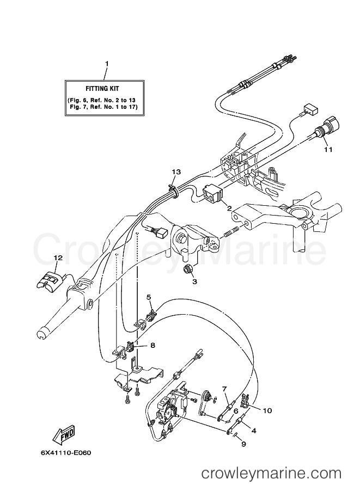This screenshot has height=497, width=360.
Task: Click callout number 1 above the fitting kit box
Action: click(107, 64)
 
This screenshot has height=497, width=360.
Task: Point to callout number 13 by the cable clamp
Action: click(175, 172)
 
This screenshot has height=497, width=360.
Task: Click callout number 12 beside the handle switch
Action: click(57, 257)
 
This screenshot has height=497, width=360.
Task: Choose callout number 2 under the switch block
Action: click(229, 208)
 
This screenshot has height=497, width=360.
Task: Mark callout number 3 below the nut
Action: click(194, 281)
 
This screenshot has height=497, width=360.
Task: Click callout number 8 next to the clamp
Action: click(153, 345)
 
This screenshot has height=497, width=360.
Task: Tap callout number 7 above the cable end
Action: click(224, 388)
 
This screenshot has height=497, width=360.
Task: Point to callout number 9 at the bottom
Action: click(243, 444)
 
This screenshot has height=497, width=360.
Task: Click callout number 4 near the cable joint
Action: click(254, 430)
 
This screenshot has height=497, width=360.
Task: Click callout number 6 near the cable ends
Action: click(236, 412)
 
